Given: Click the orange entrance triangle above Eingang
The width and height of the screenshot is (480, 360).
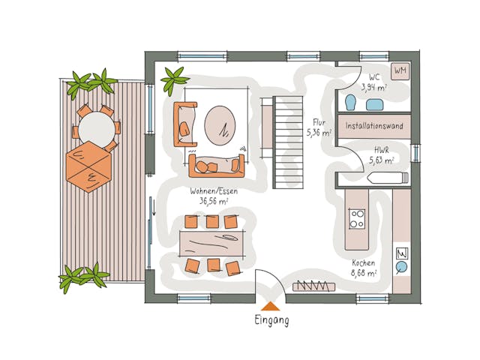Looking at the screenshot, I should tap(270, 306).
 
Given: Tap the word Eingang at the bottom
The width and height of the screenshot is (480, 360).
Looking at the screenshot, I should tap(271, 320).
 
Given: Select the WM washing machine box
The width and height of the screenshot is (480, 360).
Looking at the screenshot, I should tap(400, 71).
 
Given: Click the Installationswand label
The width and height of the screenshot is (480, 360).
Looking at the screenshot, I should tap(374, 126).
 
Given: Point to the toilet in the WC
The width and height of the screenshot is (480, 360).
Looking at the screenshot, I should tap(350, 102).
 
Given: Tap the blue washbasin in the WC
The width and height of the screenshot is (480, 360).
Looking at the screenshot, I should tap(374, 104).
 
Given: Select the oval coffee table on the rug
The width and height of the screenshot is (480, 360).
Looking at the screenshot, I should tap(220, 124).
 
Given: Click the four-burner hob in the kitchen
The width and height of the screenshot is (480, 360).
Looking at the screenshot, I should tap(357, 219).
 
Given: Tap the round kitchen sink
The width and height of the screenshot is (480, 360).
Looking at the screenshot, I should tap(401, 266).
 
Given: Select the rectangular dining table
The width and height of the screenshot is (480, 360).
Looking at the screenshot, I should tap(211, 242).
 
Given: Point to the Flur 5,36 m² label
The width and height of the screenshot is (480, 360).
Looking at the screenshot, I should tap(318, 127).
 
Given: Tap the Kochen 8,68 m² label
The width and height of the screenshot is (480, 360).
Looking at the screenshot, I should tap(364, 268).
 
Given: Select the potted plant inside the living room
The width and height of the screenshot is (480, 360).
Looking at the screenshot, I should tap(174, 79).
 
